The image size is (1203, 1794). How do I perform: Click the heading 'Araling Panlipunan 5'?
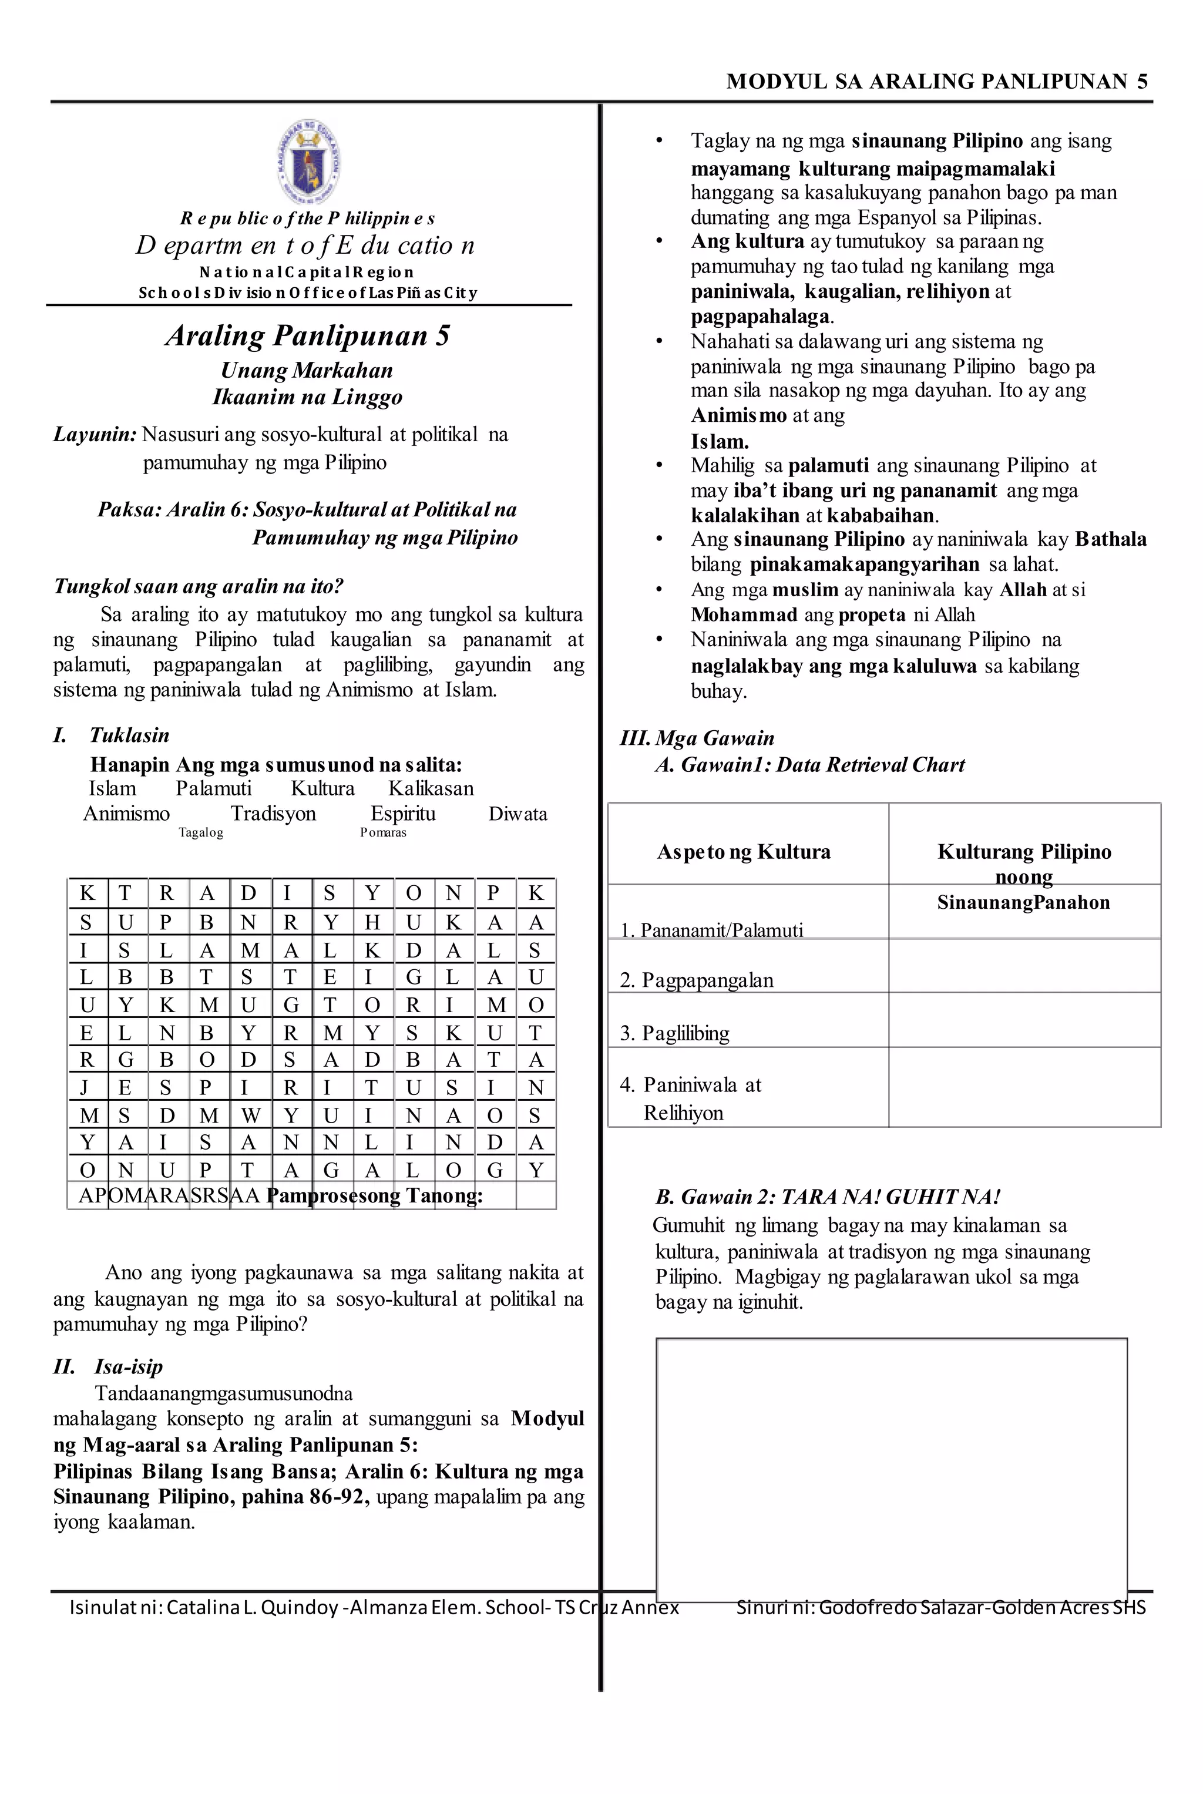click(x=308, y=336)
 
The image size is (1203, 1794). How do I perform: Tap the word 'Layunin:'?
click(x=95, y=434)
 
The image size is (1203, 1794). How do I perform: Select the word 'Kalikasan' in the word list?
click(x=431, y=788)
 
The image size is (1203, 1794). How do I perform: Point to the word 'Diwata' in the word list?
click(x=518, y=814)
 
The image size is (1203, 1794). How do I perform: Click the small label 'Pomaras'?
click(x=383, y=832)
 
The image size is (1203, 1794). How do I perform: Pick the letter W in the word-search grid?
click(x=249, y=1115)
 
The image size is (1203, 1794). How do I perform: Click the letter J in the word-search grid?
click(x=85, y=1087)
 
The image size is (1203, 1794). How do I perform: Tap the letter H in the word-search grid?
click(x=372, y=922)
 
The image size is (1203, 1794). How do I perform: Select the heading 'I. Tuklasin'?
click(x=111, y=734)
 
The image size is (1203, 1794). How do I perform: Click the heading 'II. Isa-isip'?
click(x=108, y=1366)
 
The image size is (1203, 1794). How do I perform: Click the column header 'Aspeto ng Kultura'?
click(x=744, y=852)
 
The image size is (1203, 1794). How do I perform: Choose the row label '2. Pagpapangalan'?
click(x=697, y=980)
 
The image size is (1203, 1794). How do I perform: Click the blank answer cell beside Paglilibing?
click(x=1023, y=1020)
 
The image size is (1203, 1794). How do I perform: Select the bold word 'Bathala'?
click(x=1110, y=539)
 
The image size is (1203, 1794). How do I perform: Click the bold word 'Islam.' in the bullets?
click(x=719, y=441)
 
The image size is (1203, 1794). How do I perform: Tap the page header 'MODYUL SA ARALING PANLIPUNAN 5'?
click(x=937, y=81)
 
